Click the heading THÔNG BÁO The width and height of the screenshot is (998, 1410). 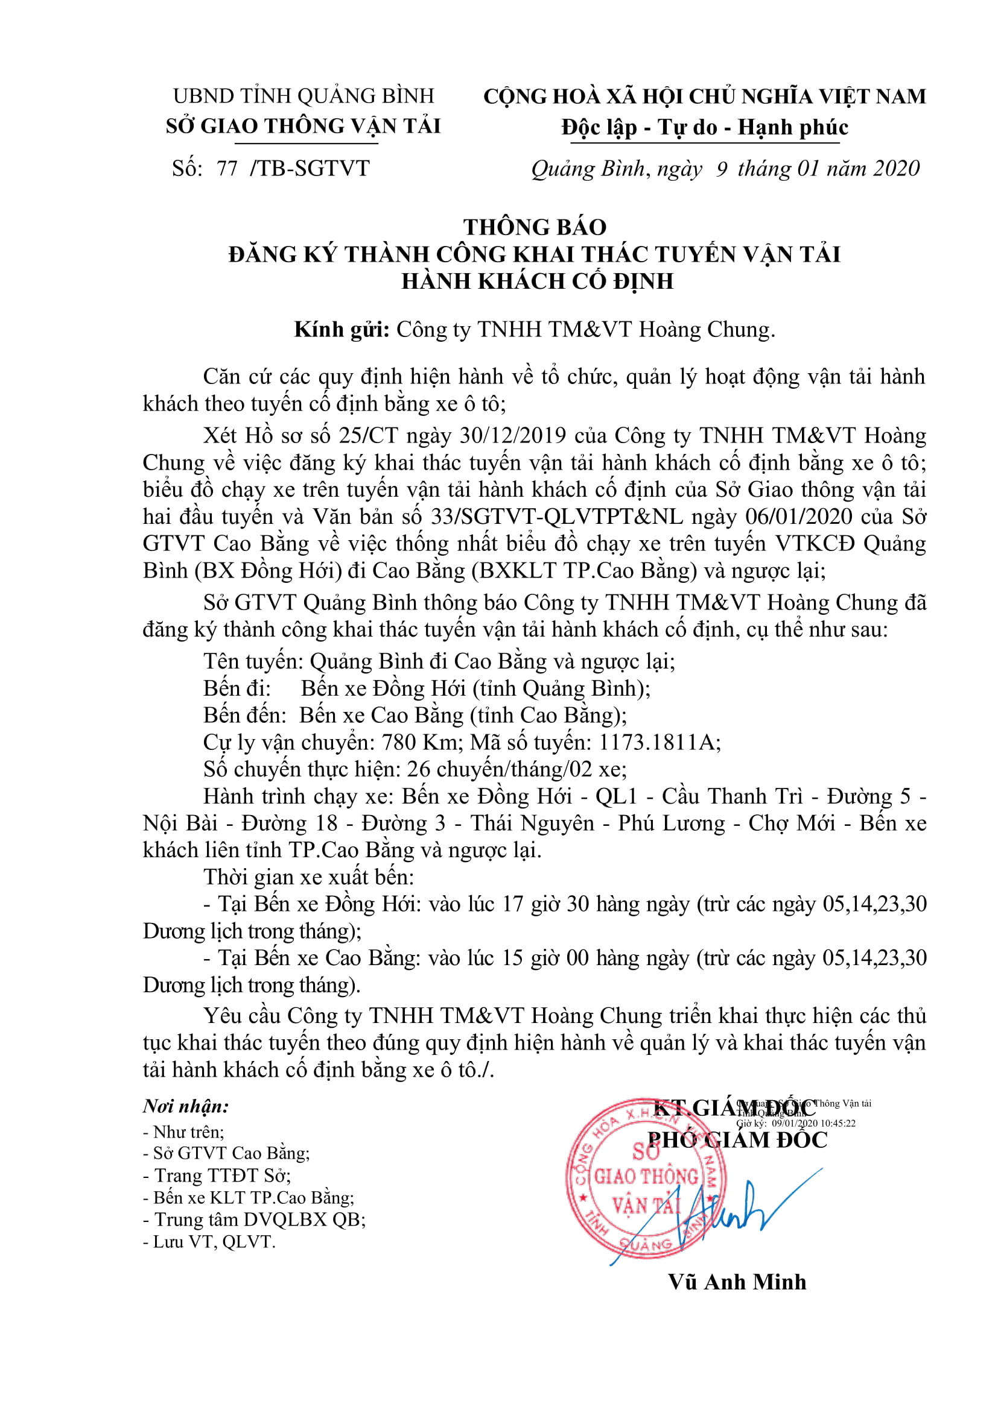535,227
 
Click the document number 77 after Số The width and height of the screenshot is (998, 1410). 227,168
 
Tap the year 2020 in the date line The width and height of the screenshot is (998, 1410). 897,168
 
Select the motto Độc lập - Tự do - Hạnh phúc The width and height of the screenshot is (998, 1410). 704,128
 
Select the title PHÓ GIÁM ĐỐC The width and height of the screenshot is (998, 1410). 737,1140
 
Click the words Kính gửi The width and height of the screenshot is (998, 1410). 342,330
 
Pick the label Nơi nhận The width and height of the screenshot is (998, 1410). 186,1107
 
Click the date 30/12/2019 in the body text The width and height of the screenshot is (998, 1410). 512,435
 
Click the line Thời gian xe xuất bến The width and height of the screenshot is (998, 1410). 308,877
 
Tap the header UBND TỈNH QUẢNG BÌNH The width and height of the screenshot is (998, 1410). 304,96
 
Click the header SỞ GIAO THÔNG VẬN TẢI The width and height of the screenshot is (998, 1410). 304,127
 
